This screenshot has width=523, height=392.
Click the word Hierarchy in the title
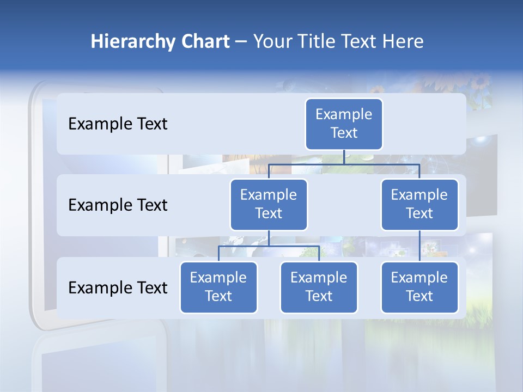coord(132,41)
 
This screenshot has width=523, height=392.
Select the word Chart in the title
coord(205,41)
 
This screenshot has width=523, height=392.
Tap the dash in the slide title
coord(241,42)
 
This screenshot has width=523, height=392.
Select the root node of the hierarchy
coord(344,124)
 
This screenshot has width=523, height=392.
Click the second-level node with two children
coord(269,204)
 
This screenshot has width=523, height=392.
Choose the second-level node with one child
coord(419,204)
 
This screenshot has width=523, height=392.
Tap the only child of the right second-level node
coord(419,287)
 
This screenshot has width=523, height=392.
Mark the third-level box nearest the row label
coord(218,287)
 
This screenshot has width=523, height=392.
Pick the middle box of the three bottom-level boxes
coord(319,287)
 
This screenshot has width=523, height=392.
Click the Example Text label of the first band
coord(118,124)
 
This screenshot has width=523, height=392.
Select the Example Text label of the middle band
coord(118,205)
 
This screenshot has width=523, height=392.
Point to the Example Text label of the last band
coord(118,287)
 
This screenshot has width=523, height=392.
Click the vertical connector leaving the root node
coord(344,157)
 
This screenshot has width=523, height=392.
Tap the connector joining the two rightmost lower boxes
coord(419,246)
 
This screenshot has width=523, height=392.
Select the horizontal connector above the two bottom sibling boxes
coord(269,246)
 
